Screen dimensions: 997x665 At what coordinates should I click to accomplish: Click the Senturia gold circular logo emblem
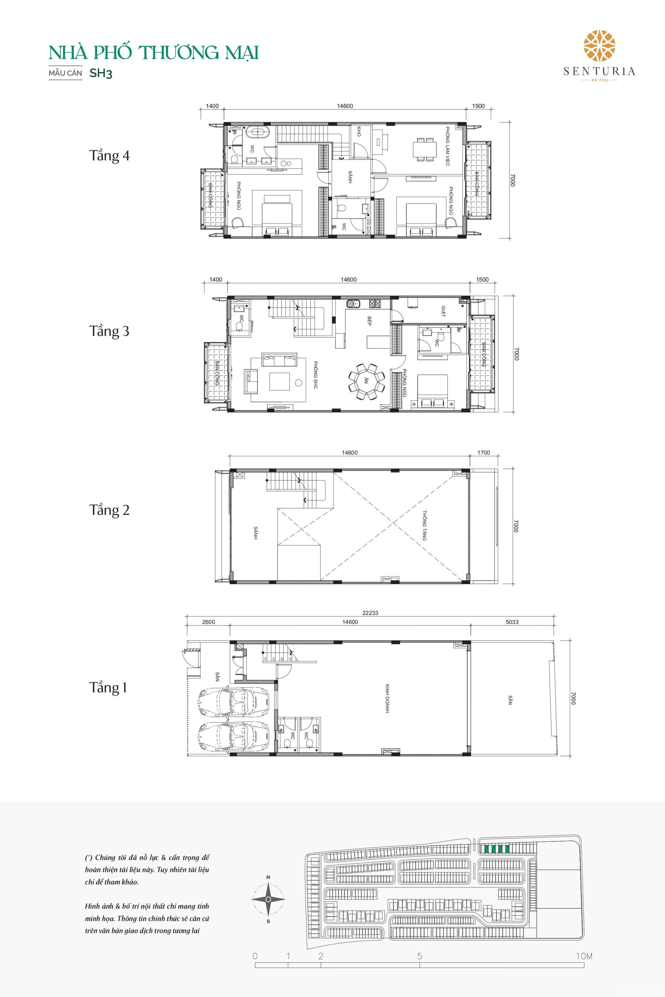[600, 46]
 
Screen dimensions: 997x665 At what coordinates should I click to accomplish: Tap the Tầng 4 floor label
[109, 156]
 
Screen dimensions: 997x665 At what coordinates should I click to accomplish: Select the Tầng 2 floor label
[109, 509]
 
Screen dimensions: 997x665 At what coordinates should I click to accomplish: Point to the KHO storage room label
[359, 132]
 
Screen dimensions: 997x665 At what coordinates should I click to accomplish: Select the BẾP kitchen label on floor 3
[369, 321]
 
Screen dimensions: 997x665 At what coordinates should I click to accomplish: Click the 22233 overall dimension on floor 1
[370, 613]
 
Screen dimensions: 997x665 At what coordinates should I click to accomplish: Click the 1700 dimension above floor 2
[484, 453]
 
